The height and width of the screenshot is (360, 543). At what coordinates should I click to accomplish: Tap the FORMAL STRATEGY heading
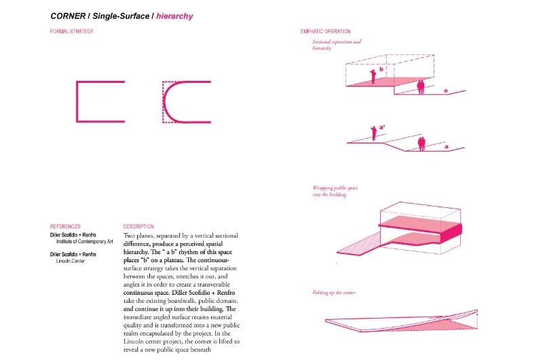click(72, 31)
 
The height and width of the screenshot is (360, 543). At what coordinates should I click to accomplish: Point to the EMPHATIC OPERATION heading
click(326, 31)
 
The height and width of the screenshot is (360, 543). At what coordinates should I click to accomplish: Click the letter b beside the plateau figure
click(381, 69)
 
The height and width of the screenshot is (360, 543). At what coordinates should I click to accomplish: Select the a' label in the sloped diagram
click(382, 126)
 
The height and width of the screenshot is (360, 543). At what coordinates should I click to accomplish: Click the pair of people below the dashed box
click(421, 87)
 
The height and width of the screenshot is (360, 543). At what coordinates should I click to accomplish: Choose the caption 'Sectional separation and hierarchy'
click(337, 46)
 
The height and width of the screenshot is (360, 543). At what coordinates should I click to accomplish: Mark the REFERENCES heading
click(65, 226)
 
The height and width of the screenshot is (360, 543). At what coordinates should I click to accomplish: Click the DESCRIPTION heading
click(138, 226)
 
